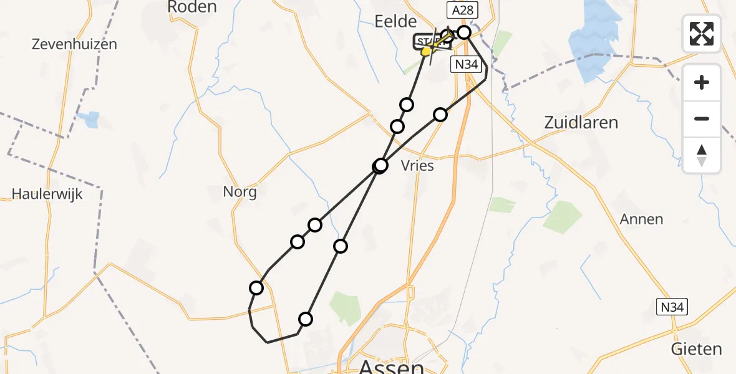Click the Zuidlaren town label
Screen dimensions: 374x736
[581, 122]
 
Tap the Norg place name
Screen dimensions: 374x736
[240, 192]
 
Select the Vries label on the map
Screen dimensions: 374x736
[418, 166]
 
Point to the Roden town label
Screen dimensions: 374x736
[192, 7]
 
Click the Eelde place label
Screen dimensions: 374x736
[395, 22]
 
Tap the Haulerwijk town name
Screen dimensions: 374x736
[47, 194]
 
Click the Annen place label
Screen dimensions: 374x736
[641, 219]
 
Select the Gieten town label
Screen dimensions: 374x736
[696, 349]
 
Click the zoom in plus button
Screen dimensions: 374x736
[702, 82]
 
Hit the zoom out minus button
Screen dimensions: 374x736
[702, 118]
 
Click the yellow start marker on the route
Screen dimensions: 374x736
[426, 52]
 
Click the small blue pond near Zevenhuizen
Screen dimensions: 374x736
[91, 118]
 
